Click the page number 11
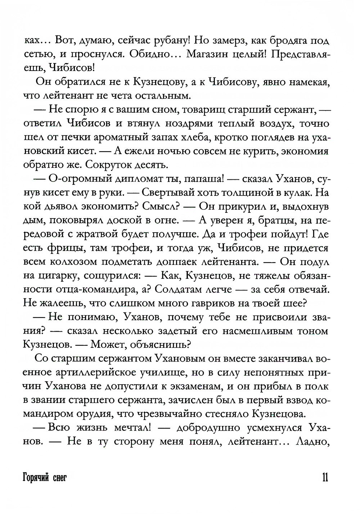(x=323, y=478)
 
